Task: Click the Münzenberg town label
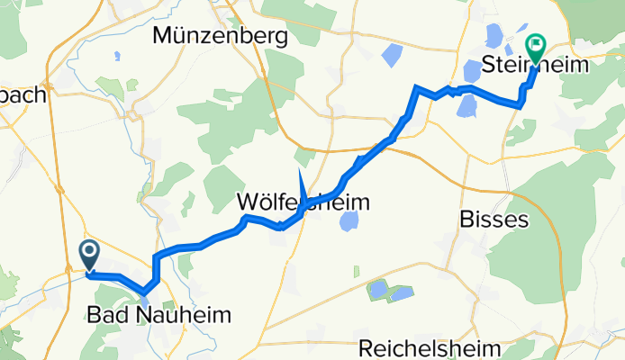[221, 36]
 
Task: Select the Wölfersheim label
[303, 202]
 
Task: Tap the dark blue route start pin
[90, 253]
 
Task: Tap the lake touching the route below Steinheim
[466, 106]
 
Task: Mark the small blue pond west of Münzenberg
[117, 57]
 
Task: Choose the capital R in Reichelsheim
[366, 347]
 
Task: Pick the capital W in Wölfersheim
[249, 202]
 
